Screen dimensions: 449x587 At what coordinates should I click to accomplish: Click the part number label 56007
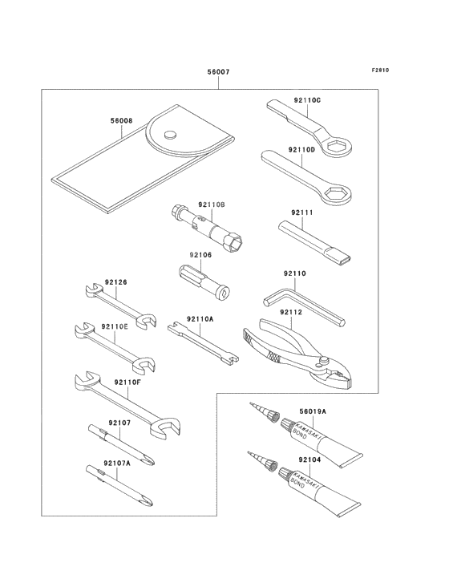pos(219,71)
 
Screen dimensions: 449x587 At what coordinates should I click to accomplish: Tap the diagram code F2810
pos(380,70)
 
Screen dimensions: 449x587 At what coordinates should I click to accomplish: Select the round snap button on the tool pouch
pos(170,134)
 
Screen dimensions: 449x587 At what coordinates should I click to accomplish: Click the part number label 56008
pos(122,121)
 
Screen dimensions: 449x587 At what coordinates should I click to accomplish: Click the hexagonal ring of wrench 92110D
pos(338,194)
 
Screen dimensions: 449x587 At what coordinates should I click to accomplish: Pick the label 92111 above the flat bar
pos(302,213)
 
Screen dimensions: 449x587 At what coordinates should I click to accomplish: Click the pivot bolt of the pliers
pos(323,361)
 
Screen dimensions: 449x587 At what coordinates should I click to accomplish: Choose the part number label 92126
pos(116,282)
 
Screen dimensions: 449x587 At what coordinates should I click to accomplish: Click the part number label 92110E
pos(115,326)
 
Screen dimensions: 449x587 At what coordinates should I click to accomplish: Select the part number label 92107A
pos(117,463)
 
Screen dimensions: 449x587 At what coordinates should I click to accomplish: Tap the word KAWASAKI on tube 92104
pos(305,479)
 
